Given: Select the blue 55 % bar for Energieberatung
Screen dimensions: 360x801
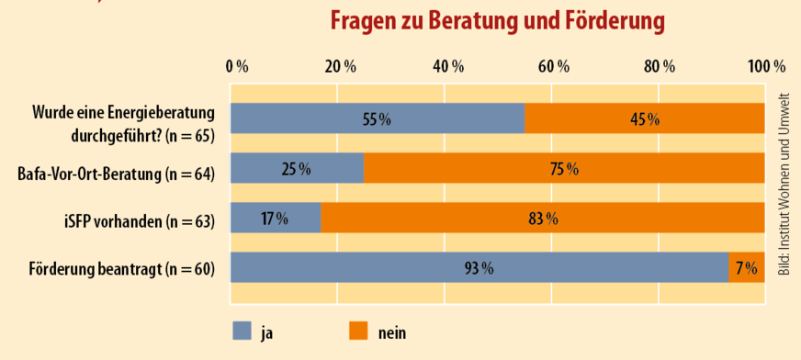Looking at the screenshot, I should (377, 119).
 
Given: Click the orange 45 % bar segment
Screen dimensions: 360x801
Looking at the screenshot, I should (644, 119).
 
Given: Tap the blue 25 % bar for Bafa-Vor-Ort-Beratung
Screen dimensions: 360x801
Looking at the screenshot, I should (297, 169).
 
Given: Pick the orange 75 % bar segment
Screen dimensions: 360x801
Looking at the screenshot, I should (564, 169).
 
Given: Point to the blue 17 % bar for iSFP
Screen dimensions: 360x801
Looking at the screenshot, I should (276, 219).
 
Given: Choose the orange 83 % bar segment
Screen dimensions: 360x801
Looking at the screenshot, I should (543, 219).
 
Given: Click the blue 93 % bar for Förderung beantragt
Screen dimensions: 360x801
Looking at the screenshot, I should (479, 268).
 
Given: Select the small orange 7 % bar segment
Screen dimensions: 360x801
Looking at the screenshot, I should (746, 268).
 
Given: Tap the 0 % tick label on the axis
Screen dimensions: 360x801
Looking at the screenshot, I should (237, 66).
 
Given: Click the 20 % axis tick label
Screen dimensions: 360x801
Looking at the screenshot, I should (340, 66).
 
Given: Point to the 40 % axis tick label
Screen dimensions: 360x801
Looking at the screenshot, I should (447, 66).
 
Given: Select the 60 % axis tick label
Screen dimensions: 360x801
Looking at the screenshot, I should (554, 66).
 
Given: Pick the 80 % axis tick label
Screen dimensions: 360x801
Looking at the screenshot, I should (660, 66).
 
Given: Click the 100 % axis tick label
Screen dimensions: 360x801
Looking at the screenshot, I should (765, 66).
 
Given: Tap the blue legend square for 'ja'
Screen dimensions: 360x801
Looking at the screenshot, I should (242, 331).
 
